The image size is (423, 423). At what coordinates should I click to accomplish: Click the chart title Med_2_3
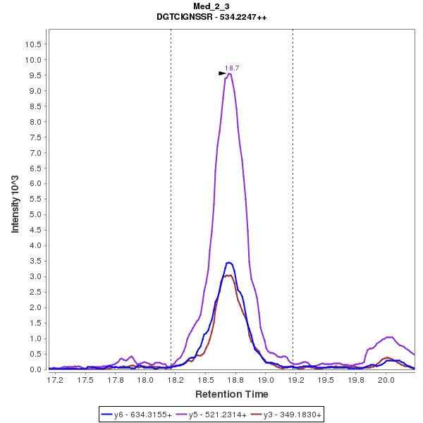(x=211, y=6)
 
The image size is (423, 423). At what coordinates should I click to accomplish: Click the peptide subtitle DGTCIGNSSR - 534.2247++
(x=211, y=17)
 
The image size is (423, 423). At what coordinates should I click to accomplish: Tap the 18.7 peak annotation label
(x=232, y=68)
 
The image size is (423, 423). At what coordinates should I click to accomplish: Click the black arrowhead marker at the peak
(x=222, y=73)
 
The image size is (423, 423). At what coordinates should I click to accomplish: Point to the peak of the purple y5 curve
(x=229, y=73)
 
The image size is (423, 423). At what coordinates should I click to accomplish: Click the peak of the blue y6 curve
(x=228, y=263)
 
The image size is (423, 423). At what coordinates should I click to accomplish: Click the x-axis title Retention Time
(x=231, y=393)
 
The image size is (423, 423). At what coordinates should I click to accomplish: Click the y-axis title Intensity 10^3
(x=15, y=200)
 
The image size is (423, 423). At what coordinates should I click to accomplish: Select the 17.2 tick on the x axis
(x=55, y=379)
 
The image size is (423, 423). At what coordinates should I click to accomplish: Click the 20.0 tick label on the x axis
(x=386, y=379)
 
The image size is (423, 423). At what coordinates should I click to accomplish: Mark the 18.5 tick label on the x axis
(x=205, y=379)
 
